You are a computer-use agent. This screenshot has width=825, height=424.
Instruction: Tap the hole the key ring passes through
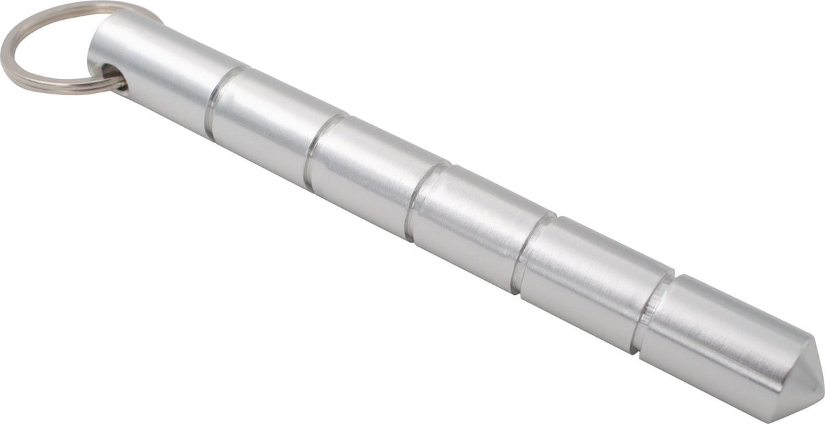(x=112, y=75)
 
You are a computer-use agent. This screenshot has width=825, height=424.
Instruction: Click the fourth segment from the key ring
(x=476, y=224)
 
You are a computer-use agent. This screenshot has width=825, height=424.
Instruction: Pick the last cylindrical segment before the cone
(x=714, y=340)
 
